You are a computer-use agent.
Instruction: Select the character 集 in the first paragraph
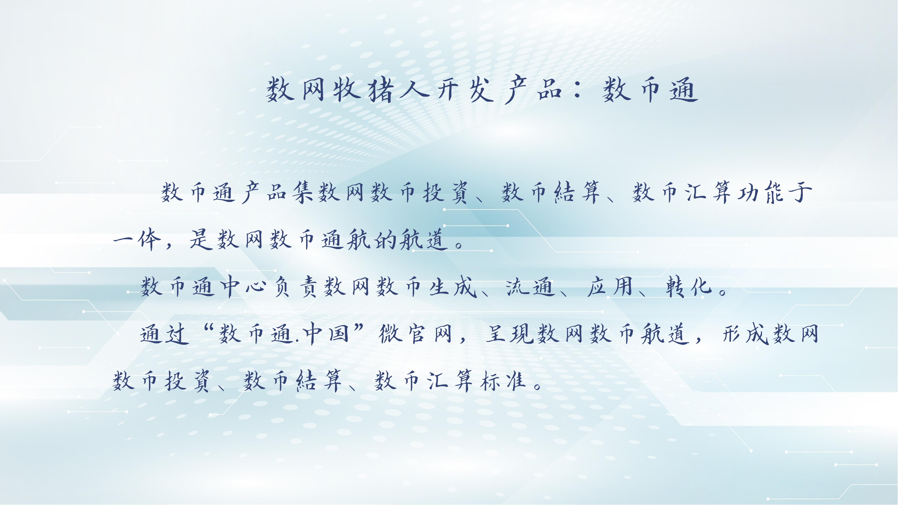pyautogui.click(x=303, y=192)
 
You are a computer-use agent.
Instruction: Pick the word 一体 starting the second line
pyautogui.click(x=137, y=239)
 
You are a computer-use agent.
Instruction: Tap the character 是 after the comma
pyautogui.click(x=200, y=239)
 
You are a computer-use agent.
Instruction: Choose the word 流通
pyautogui.click(x=530, y=287)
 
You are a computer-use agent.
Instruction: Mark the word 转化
pyautogui.click(x=688, y=287)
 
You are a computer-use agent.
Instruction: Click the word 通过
pyautogui.click(x=165, y=334)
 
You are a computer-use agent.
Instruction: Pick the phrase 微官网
pyautogui.click(x=415, y=334)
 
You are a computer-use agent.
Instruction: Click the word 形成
pyautogui.click(x=746, y=334)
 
